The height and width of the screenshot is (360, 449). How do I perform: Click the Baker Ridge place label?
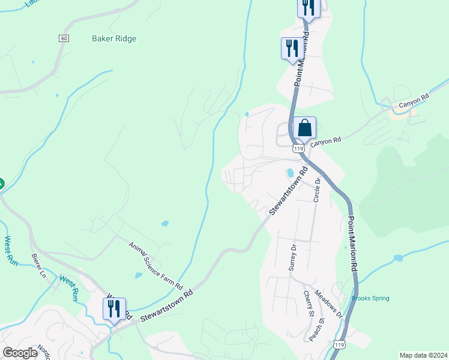[114, 39]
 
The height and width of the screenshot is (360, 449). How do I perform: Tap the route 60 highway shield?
[64, 38]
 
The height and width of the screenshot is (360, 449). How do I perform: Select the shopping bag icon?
[304, 128]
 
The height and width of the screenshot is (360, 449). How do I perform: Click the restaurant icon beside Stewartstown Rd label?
[114, 308]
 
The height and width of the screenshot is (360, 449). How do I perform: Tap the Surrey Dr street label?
[293, 257]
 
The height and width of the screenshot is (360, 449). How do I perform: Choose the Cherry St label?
[309, 304]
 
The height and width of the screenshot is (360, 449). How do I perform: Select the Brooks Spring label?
[370, 298]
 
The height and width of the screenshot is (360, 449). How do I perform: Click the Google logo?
[20, 353]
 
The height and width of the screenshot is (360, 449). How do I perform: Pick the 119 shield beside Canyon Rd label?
[297, 148]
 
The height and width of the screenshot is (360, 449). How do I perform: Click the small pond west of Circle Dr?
[290, 173]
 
